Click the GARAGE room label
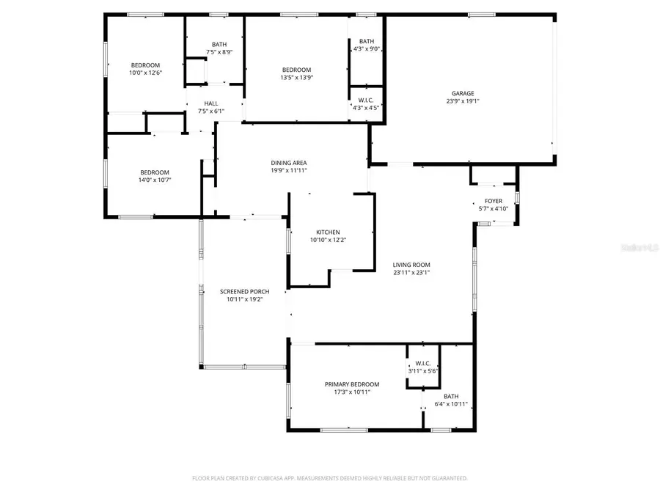tap(462, 93)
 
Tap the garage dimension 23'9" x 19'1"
tap(462, 102)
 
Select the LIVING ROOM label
tap(411, 265)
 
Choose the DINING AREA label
tap(289, 163)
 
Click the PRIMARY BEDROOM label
tap(352, 384)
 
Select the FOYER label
tap(494, 201)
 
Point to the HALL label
tap(211, 103)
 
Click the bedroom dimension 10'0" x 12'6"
tap(145, 73)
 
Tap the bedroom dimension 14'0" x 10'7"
tap(155, 180)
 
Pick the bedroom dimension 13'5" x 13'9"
tap(296, 78)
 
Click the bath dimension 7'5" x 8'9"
tap(219, 52)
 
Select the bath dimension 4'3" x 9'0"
tap(366, 49)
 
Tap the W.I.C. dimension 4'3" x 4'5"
tap(366, 108)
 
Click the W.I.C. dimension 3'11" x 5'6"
tap(422, 371)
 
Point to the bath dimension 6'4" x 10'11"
tap(451, 403)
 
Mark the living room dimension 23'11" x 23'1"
tap(411, 273)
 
